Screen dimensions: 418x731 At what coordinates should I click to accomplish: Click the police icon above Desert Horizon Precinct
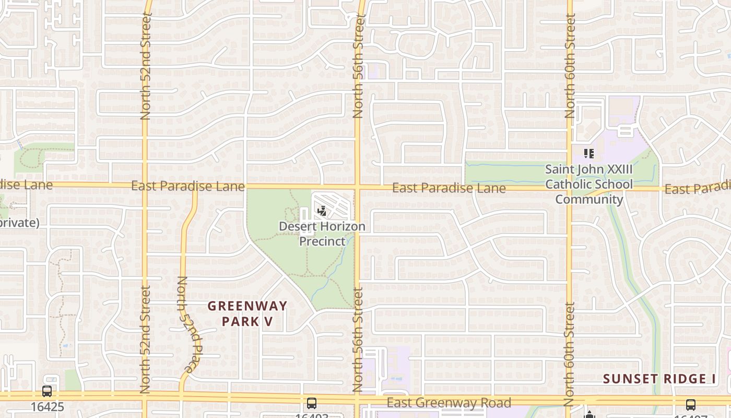coord(322,211)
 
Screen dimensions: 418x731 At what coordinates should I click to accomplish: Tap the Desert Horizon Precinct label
coord(322,234)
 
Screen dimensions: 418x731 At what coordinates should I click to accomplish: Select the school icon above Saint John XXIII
coord(589,154)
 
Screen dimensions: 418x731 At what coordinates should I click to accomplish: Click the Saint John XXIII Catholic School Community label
coord(589,184)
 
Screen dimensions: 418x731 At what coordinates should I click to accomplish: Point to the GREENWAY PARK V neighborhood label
coord(247,313)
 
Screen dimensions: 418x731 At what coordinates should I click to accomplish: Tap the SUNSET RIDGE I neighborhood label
coord(660,379)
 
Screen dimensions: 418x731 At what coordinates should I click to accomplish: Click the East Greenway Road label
coord(449,403)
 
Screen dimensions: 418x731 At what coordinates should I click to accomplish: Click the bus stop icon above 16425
coord(47,391)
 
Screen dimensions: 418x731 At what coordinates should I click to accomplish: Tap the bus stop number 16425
coord(47,407)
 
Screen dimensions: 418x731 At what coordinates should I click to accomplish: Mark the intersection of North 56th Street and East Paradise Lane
coord(358,186)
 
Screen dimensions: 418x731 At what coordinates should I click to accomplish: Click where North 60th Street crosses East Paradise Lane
coord(570,188)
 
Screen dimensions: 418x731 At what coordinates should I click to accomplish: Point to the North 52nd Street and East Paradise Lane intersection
coord(145,184)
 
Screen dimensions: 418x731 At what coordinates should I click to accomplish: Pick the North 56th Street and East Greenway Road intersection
coord(358,398)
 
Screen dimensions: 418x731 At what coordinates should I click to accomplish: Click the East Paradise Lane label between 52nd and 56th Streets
coord(188,186)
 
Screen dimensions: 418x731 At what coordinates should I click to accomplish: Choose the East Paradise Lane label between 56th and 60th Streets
coord(449,188)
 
